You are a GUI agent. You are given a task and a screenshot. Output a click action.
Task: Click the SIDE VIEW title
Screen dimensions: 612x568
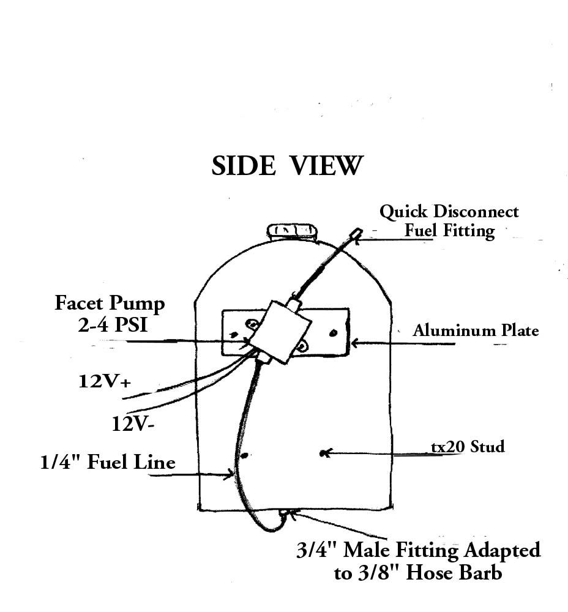pyautogui.click(x=287, y=166)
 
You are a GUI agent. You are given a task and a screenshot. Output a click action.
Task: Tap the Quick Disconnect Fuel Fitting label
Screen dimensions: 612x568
pyautogui.click(x=449, y=221)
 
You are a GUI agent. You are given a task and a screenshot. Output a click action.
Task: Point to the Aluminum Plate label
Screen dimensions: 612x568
pyautogui.click(x=476, y=331)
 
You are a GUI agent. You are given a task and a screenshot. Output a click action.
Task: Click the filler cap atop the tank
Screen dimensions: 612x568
pyautogui.click(x=292, y=230)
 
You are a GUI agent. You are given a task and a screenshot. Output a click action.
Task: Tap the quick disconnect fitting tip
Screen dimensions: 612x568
pyautogui.click(x=356, y=233)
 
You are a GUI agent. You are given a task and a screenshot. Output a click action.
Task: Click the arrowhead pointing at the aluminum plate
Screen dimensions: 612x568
pyautogui.click(x=354, y=343)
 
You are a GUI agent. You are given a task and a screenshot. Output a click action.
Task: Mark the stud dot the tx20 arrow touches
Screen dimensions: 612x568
pyautogui.click(x=323, y=453)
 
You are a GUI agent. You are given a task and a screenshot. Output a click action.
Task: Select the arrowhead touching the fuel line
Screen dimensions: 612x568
pyautogui.click(x=232, y=473)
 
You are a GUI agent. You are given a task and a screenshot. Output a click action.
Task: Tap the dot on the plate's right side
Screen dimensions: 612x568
pyautogui.click(x=333, y=333)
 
